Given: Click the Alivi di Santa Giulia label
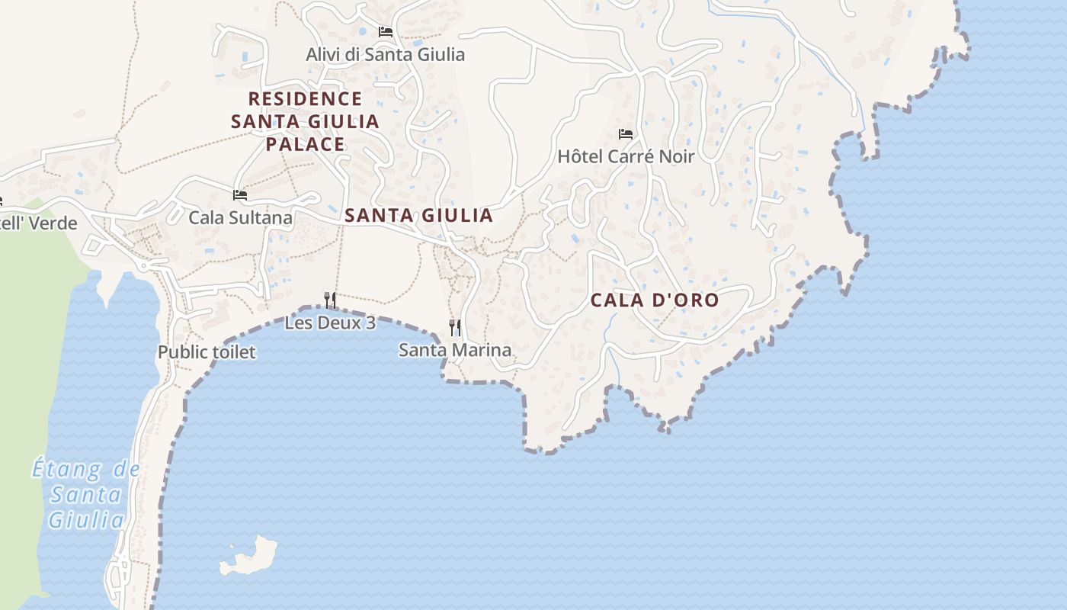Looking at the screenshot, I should [385, 55].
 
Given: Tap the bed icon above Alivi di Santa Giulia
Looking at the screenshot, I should [386, 32].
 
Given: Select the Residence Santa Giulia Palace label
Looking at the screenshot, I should [305, 121].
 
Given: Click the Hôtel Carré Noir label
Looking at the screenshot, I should [626, 157].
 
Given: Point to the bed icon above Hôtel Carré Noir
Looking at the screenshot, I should [626, 134].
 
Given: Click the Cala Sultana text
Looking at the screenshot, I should [240, 218].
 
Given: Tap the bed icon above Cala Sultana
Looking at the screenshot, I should [240, 195].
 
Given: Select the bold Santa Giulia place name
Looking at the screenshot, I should [418, 216].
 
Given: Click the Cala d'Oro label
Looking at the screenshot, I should [655, 300].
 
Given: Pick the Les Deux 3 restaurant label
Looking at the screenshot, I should [330, 323].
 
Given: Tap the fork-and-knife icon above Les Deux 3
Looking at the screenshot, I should [330, 300].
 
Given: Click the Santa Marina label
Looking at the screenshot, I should [455, 351].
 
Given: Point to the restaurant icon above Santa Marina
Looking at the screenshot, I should [455, 328].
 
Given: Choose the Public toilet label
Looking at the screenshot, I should [207, 352].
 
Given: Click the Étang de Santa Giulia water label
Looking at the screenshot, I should [86, 495].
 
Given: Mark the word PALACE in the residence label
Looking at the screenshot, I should [305, 144].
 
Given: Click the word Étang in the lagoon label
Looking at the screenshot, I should [67, 469].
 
